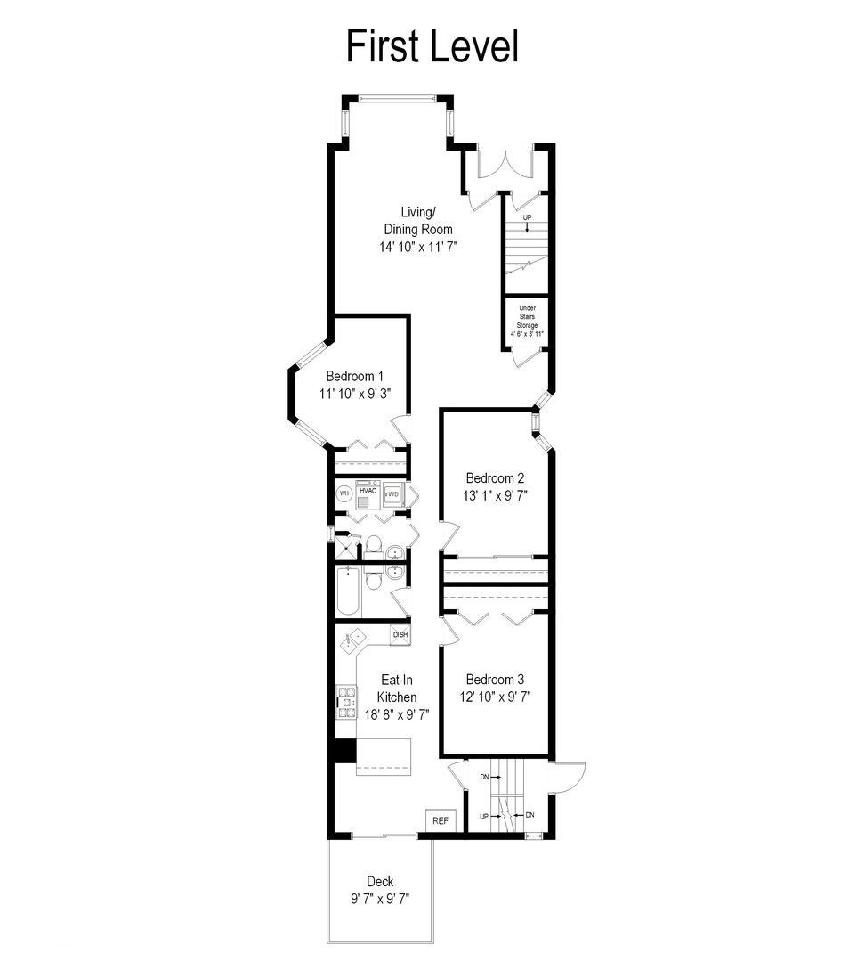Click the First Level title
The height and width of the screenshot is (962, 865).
point(432,46)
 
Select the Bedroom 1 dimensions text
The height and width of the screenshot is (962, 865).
point(356,393)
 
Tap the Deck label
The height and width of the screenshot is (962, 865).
point(379,882)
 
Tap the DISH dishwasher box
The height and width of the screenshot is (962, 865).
point(400,635)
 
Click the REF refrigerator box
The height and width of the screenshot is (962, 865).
point(441,820)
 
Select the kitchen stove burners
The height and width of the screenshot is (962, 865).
point(344,702)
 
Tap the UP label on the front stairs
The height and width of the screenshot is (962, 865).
point(527,218)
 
